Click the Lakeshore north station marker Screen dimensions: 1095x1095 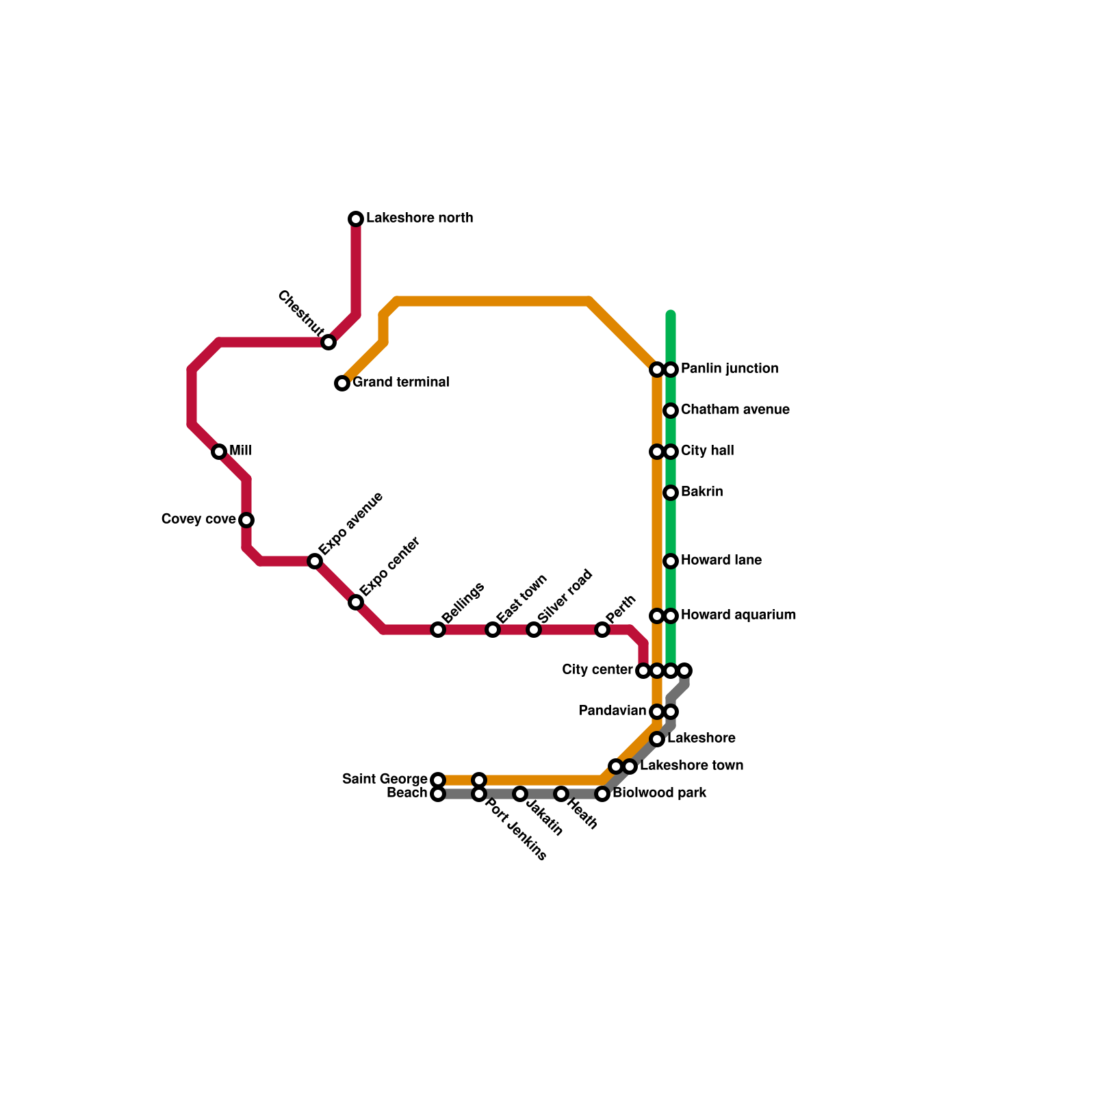coord(356,219)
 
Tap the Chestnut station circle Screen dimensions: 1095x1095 coord(328,342)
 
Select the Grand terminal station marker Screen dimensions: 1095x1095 coord(342,383)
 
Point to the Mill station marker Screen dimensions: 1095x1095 coord(219,452)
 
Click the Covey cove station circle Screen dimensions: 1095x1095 coord(246,520)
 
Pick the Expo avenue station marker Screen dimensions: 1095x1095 coord(315,561)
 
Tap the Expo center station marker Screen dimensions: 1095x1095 coord(356,602)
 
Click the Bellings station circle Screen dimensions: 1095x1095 coord(438,630)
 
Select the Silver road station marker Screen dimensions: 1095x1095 coord(534,630)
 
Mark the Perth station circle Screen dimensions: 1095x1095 coord(602,630)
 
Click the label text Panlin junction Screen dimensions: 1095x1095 coord(730,369)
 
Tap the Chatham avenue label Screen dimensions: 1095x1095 coord(735,410)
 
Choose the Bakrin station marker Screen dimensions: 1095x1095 coord(671,493)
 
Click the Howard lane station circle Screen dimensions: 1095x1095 coord(671,561)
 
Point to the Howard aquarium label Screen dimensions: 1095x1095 coord(738,615)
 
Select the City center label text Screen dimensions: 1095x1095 coord(597,670)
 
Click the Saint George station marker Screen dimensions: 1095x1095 coord(438,780)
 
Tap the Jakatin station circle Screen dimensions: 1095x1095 coord(520,794)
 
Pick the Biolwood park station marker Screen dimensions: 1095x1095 coord(602,794)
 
